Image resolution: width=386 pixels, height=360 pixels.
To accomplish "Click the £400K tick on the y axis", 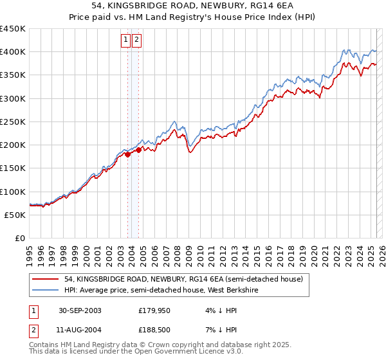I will (13, 52).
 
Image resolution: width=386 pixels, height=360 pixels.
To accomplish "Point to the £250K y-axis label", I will (13, 122).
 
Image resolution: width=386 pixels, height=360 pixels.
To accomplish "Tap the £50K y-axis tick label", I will (15, 215).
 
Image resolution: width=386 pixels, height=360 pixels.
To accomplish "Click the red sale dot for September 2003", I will (128, 154).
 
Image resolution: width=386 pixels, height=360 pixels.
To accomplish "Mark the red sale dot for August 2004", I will (138, 150).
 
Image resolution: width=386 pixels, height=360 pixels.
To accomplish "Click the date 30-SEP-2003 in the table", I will (80, 310).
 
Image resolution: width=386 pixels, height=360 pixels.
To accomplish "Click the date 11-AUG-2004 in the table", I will (80, 330).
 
